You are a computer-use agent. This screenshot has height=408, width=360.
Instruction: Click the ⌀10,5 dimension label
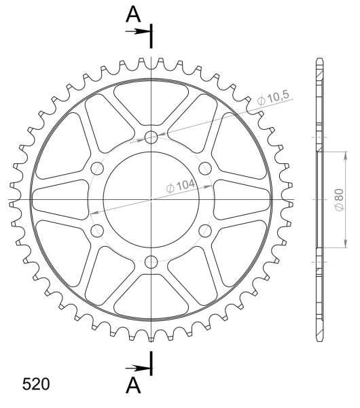pos(273,98)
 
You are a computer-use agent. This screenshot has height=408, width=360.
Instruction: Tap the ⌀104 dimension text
pos(181,186)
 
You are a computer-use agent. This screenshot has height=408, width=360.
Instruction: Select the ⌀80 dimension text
pos(339,199)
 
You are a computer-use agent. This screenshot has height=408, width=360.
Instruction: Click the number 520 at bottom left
pos(36,384)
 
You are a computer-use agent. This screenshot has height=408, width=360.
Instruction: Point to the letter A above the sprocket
pos(133,14)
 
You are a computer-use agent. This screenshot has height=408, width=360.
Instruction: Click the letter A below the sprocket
pos(133,385)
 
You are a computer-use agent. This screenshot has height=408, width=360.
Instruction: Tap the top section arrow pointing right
pos(138,31)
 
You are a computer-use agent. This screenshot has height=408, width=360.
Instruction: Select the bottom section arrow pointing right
pos(138,368)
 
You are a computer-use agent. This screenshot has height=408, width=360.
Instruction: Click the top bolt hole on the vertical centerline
pos(151,137)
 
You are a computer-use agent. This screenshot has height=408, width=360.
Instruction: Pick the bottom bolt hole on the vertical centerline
pos(151,262)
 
